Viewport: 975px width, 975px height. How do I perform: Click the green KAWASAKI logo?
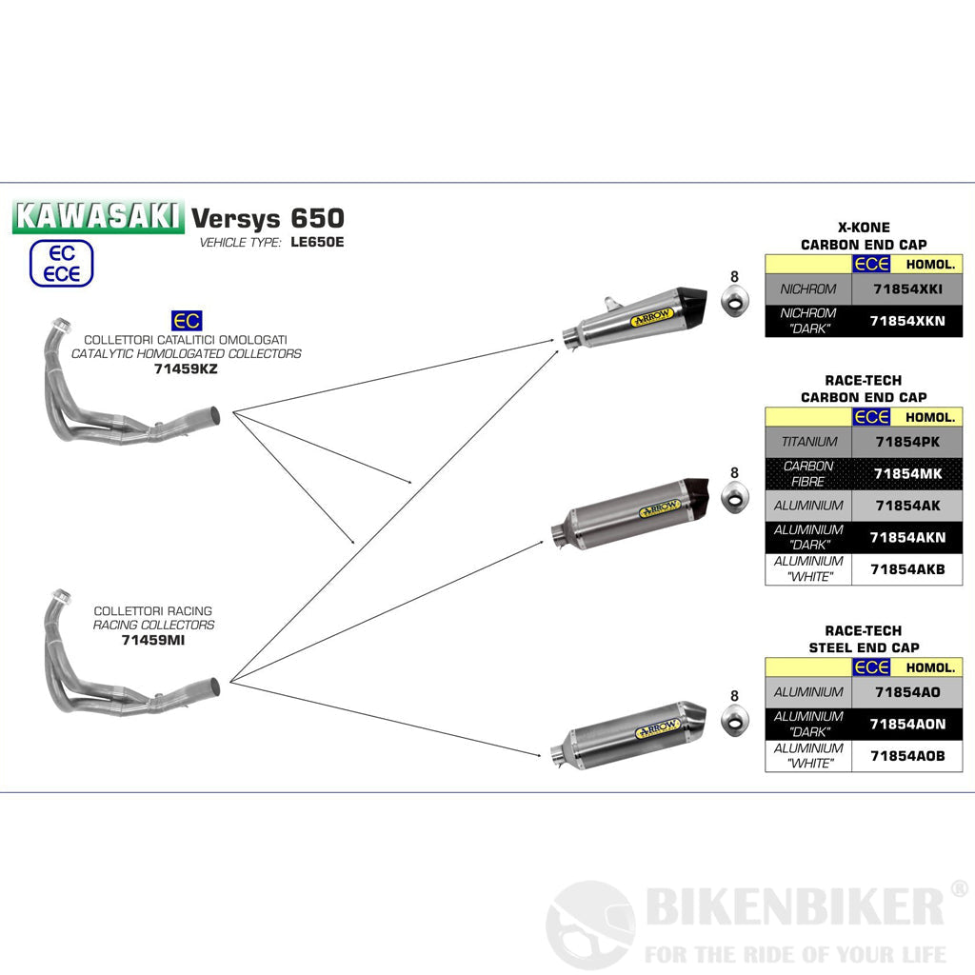click(97, 217)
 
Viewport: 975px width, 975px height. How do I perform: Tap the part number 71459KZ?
click(186, 368)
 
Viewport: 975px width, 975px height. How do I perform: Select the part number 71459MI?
click(153, 640)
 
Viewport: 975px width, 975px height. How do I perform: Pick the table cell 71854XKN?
click(906, 321)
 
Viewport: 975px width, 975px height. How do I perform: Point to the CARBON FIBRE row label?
click(807, 473)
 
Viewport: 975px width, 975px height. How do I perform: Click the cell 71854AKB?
click(906, 569)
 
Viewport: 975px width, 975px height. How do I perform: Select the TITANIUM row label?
click(808, 442)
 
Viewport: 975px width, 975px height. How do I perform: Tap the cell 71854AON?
click(906, 724)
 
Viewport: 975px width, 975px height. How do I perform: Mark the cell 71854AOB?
click(906, 756)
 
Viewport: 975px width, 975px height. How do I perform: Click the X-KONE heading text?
click(864, 228)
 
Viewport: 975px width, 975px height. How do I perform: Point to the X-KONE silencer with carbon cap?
click(634, 318)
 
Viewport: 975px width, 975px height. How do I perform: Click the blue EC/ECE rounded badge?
click(62, 264)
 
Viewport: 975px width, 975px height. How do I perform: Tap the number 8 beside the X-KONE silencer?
click(734, 276)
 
